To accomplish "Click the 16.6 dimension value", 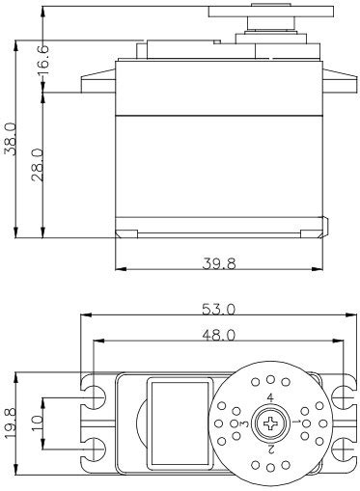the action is (43, 60).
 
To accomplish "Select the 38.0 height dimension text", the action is (11, 139).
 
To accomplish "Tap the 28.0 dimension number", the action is (38, 165).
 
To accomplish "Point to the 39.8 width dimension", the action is (219, 263).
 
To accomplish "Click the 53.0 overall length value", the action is (219, 310).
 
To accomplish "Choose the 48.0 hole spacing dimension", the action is (219, 336).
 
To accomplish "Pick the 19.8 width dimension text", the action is (11, 423).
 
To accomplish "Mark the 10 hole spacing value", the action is (38, 423).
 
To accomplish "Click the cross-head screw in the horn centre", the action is (270, 423).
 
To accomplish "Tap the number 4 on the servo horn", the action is (270, 398).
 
